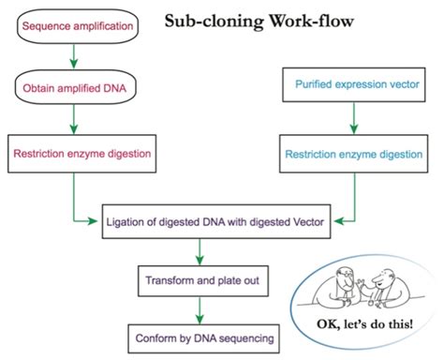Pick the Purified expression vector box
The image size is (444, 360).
[352, 91]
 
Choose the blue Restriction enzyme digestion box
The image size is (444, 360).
[352, 150]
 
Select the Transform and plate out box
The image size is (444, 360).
[198, 278]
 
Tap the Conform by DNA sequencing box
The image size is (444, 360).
[198, 335]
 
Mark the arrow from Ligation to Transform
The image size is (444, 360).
[198, 250]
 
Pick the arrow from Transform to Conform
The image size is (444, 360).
[198, 307]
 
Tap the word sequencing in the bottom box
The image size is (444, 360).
[235, 335]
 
